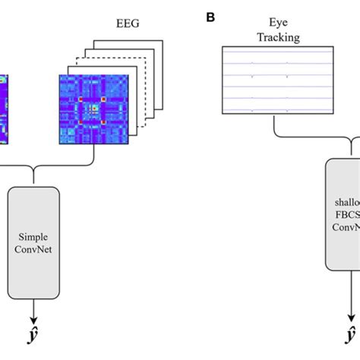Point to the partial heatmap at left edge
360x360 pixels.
4,106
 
